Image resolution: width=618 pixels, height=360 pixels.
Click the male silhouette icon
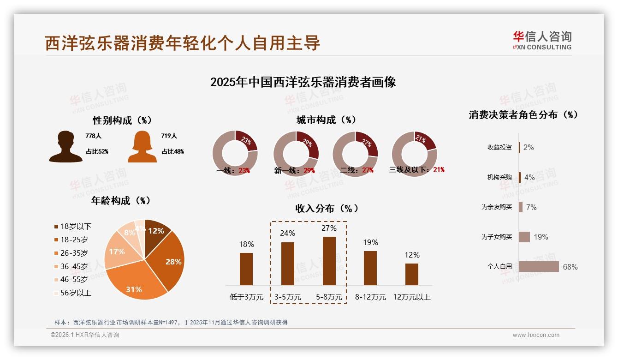[x=65, y=147]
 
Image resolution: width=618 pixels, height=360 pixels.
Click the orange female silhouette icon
[x=142, y=147]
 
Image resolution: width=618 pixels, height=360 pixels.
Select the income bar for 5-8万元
[x=329, y=261]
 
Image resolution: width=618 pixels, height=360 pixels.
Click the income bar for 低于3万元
[x=246, y=269]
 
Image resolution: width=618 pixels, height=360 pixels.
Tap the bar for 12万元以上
[x=412, y=274]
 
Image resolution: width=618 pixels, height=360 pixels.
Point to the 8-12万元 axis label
[x=370, y=297]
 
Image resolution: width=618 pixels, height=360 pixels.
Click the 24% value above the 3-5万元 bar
[x=287, y=233]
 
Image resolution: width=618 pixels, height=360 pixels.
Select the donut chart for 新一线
[x=296, y=154]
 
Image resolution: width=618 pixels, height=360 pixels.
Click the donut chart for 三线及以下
[x=414, y=153]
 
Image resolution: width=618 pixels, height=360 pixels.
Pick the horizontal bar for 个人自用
[x=539, y=267]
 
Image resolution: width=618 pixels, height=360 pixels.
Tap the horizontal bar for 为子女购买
[x=524, y=237]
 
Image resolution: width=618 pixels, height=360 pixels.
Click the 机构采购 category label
[x=499, y=177]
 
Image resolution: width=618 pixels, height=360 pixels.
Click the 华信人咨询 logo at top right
[x=542, y=40]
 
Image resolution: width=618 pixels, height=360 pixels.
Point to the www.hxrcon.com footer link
[x=536, y=335]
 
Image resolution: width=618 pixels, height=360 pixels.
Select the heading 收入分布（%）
[x=327, y=208]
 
